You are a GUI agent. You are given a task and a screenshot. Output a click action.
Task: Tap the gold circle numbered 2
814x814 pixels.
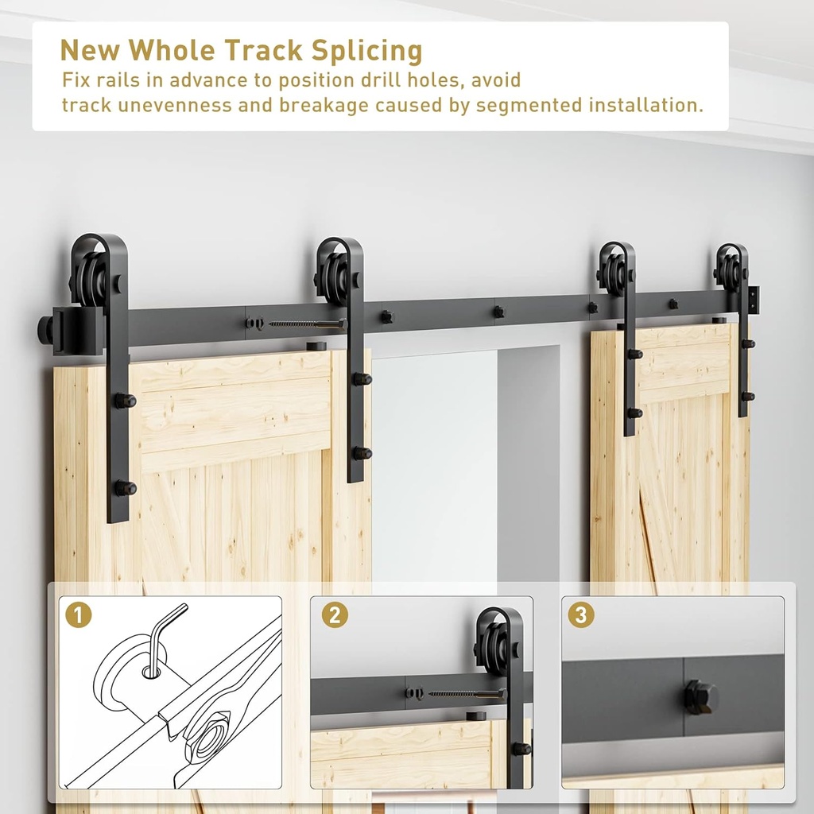pyautogui.click(x=335, y=614)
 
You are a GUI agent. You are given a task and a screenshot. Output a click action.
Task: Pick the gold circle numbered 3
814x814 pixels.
pyautogui.click(x=580, y=614)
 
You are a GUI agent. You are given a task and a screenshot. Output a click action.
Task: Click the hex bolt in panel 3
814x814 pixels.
pyautogui.click(x=700, y=696)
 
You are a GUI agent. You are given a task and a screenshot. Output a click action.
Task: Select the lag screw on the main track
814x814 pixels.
pyautogui.click(x=306, y=324)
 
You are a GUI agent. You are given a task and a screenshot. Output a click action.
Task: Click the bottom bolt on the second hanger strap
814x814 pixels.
pyautogui.click(x=361, y=453)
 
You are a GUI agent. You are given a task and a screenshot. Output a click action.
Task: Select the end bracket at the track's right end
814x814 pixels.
pyautogui.click(x=753, y=300)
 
